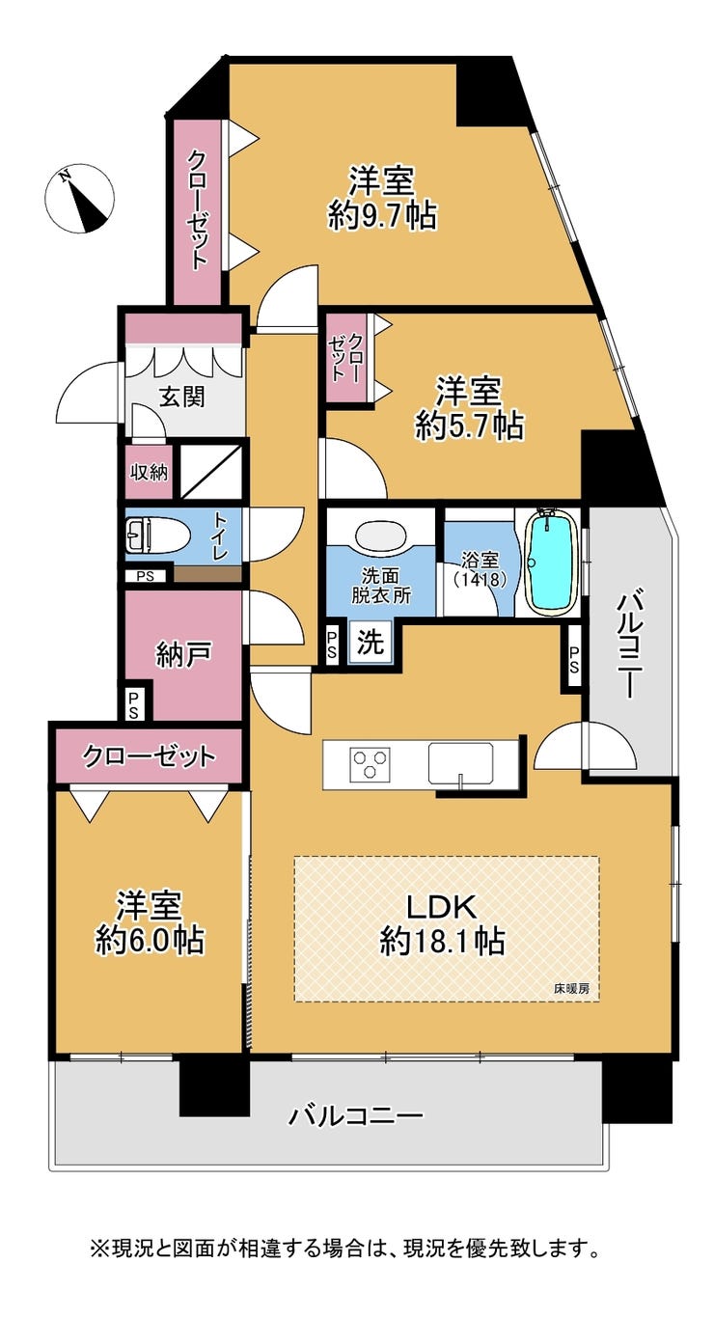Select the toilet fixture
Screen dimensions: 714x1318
point(156,535)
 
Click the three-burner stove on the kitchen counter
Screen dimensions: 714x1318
point(369,763)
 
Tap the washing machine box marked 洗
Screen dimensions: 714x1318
point(371,642)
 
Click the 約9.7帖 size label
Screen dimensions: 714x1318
point(381,216)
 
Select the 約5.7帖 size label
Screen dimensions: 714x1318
point(469,426)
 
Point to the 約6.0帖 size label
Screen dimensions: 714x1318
point(150,939)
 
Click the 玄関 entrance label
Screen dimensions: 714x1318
point(182,398)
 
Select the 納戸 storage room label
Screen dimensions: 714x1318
point(183,654)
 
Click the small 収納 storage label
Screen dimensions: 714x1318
point(149,472)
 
